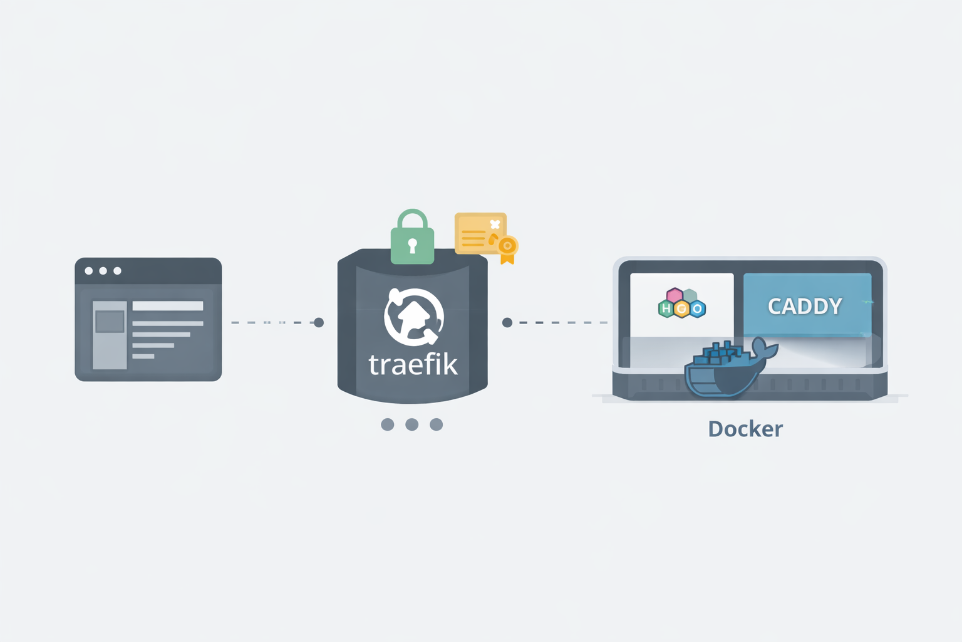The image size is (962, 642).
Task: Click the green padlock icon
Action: (412, 241)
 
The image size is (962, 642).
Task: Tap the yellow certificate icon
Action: (480, 234)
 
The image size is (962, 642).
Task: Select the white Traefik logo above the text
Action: (413, 317)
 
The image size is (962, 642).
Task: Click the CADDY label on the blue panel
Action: (805, 306)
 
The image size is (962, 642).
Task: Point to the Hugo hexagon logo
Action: (681, 303)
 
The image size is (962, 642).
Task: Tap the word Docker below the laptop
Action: (745, 429)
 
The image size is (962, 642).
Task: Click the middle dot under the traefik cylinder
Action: (411, 424)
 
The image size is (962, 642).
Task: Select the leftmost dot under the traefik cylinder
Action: (388, 424)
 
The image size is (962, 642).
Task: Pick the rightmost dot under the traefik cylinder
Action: (436, 424)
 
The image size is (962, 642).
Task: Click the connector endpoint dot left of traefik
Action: (319, 322)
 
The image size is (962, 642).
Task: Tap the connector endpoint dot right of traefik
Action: (507, 322)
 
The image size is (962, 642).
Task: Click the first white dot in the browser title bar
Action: (89, 271)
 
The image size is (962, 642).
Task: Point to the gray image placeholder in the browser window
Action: (110, 322)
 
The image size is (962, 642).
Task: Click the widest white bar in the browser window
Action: (167, 306)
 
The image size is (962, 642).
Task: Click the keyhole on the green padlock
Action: (412, 245)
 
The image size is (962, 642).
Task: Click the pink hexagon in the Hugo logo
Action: (675, 295)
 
